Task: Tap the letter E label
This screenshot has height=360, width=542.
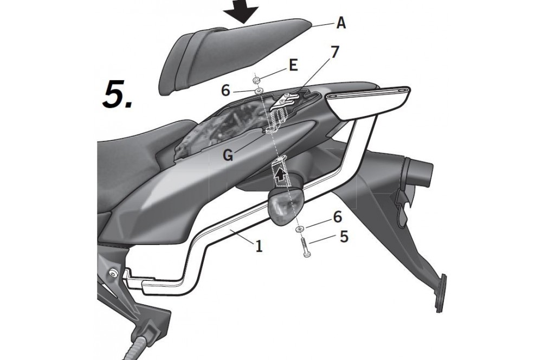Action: click(293, 66)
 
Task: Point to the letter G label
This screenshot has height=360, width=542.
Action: click(228, 156)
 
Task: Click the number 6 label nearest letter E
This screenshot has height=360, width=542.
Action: click(225, 91)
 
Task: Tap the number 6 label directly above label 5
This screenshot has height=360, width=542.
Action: click(337, 217)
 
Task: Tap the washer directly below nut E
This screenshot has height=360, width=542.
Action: click(258, 91)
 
